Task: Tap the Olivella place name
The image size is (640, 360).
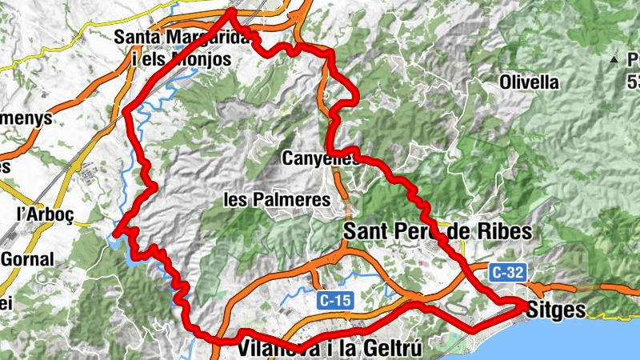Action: (528, 82)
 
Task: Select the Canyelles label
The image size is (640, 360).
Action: (309, 159)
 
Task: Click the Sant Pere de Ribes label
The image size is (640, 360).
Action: (437, 231)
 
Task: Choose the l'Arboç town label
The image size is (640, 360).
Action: (39, 214)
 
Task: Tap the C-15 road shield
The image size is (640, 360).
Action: (334, 301)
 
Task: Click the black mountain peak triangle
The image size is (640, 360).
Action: (614, 58)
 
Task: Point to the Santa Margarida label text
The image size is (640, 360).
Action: (184, 37)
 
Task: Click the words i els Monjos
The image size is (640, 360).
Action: (181, 58)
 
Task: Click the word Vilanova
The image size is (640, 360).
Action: (275, 349)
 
